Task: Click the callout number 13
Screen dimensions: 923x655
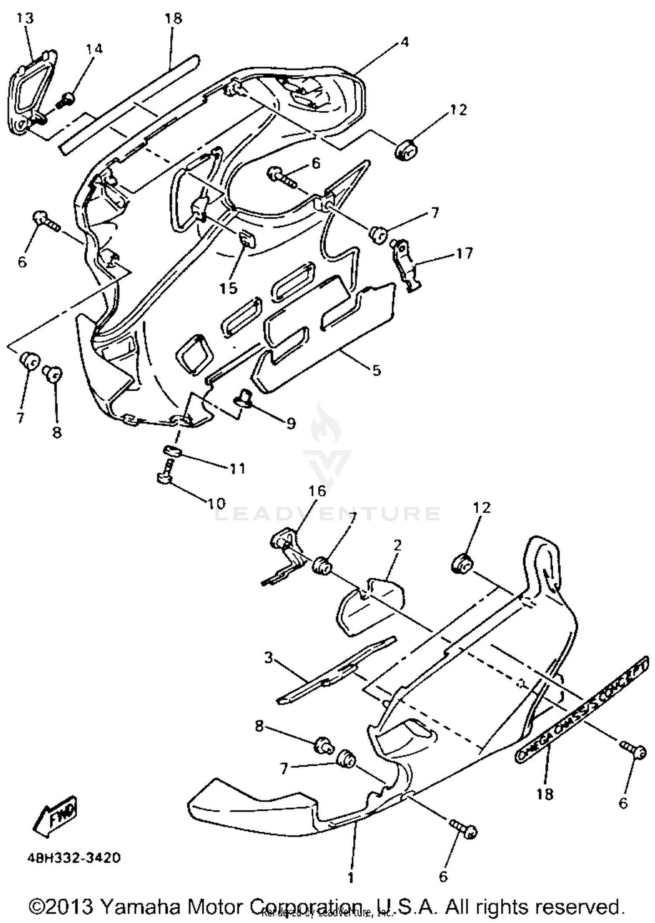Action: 25,18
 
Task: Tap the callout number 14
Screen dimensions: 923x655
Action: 94,49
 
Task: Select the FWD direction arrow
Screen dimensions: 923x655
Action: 56,815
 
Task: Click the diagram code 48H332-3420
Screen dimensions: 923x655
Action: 74,858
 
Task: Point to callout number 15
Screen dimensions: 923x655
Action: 228,288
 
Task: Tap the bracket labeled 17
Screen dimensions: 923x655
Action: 406,264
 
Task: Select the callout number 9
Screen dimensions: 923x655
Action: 291,423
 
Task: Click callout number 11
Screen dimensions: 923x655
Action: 238,468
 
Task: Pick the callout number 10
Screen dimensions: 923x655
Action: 215,503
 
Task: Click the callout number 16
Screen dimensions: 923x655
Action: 317,491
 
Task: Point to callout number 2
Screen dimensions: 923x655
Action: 397,545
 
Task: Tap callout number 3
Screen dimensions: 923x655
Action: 269,657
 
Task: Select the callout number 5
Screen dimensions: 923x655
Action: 376,370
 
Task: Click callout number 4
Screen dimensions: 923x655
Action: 404,42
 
